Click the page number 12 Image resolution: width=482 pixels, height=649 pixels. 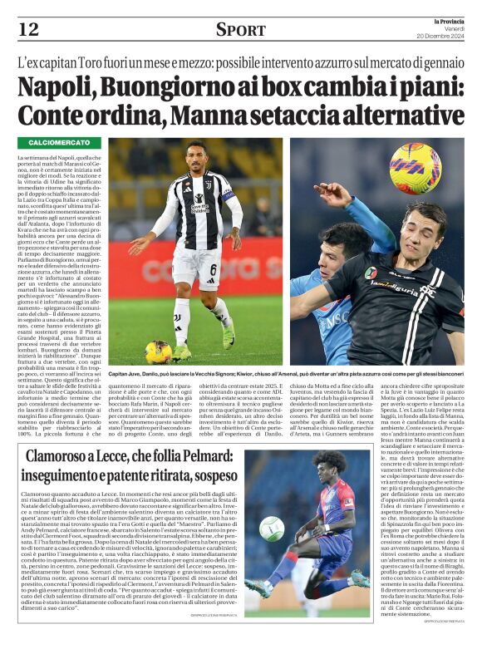click(28, 31)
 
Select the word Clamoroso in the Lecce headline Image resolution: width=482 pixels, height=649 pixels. click(66, 456)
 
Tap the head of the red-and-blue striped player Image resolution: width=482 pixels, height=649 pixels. click(312, 463)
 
